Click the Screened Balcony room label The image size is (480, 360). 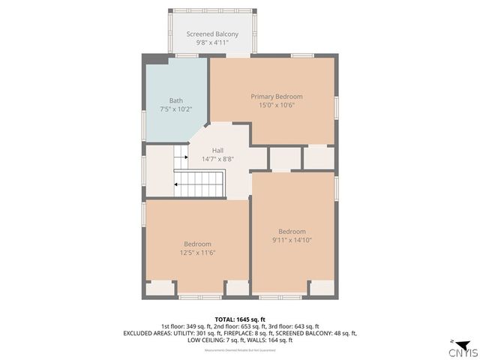(x=212, y=34)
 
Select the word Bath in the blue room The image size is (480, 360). (x=175, y=100)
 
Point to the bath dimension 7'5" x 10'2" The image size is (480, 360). (x=175, y=109)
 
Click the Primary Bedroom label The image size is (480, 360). (x=276, y=96)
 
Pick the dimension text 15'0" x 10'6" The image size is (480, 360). (x=276, y=105)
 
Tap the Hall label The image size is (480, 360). (x=217, y=150)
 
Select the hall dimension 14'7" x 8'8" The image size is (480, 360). (x=217, y=159)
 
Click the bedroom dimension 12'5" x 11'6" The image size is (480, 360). (x=197, y=253)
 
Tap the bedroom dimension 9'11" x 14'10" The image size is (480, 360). (x=292, y=240)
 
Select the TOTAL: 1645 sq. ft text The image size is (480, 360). (x=239, y=319)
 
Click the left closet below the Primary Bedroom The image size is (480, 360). (x=284, y=158)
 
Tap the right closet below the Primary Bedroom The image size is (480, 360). (x=319, y=157)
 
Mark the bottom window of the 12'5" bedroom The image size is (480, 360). (x=199, y=297)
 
